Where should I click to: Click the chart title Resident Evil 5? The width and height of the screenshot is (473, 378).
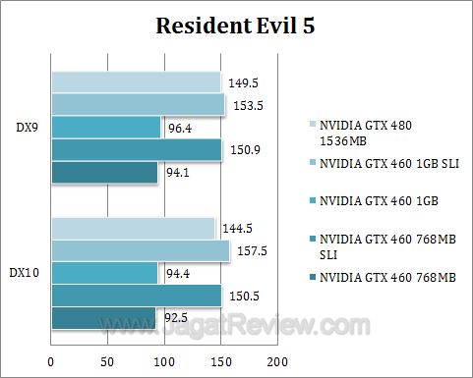point(236,27)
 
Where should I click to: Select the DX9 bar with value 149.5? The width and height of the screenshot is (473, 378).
point(136,81)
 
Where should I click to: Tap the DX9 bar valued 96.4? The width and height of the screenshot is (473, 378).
point(105,127)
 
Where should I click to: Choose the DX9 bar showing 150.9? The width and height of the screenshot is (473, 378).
point(136,149)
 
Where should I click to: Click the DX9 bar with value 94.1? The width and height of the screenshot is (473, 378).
point(103,173)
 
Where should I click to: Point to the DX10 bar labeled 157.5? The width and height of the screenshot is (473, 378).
point(140,251)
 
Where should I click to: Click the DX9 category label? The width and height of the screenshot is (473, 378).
point(28,127)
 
